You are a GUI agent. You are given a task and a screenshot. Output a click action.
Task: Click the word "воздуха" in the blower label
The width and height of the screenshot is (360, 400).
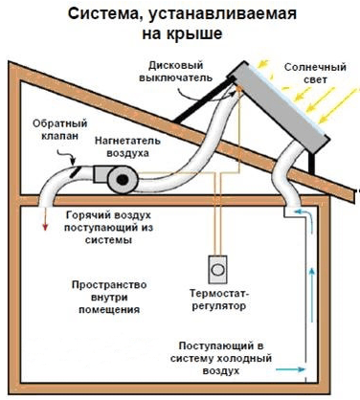135,153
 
